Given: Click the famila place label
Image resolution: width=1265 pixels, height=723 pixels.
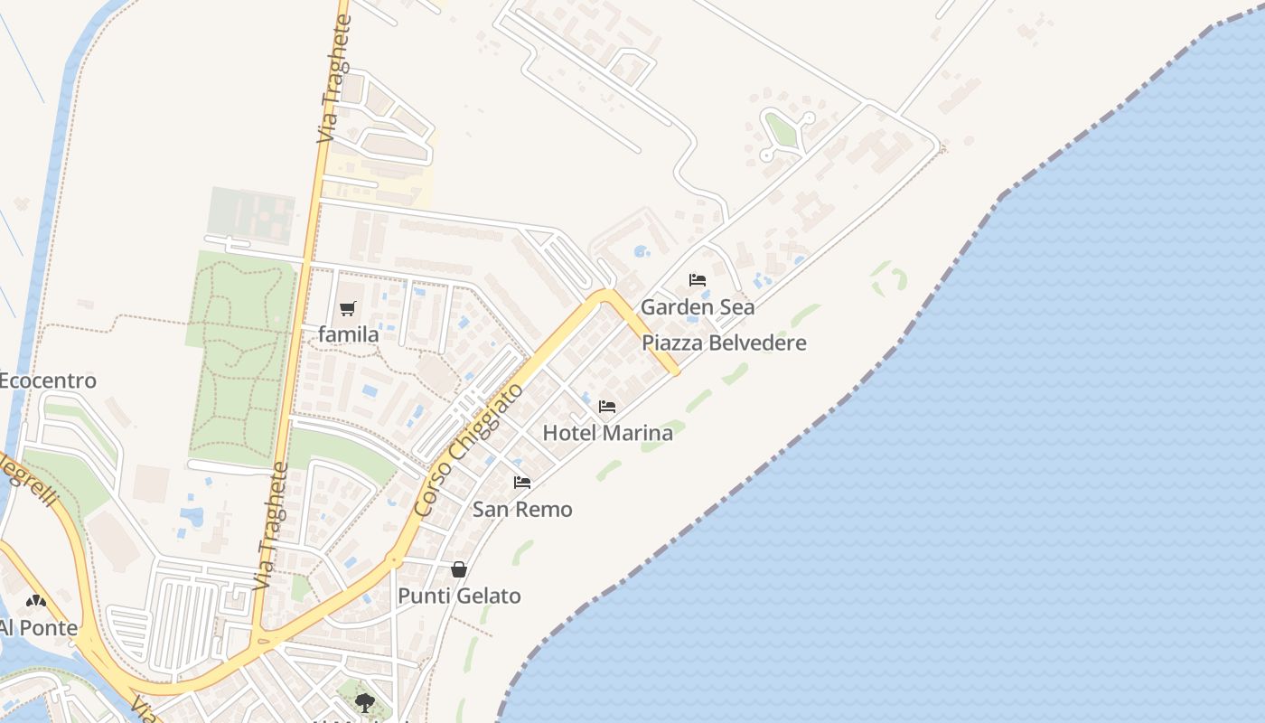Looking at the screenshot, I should pyautogui.click(x=349, y=334).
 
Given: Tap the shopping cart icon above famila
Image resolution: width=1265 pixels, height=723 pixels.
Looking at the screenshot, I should pyautogui.click(x=348, y=309).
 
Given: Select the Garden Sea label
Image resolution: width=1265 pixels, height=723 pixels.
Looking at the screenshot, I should pyautogui.click(x=698, y=307).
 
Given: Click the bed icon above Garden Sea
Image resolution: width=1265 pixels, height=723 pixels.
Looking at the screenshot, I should pyautogui.click(x=698, y=280).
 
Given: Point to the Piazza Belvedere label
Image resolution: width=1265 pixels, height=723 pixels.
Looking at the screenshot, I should pyautogui.click(x=724, y=343).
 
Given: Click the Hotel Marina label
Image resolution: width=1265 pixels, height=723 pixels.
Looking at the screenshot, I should pyautogui.click(x=607, y=433).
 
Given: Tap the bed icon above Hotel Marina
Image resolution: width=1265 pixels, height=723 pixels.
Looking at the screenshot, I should pyautogui.click(x=607, y=407).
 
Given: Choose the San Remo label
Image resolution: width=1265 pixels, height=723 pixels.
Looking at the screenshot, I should pyautogui.click(x=522, y=510).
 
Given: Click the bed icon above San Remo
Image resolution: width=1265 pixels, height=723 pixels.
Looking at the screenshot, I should pyautogui.click(x=522, y=483).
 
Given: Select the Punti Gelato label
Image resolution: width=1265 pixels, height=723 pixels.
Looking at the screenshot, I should pyautogui.click(x=459, y=596).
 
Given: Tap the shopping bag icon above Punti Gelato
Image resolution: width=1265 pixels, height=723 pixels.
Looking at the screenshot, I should pyautogui.click(x=459, y=569).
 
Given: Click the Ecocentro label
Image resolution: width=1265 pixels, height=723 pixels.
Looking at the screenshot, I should pyautogui.click(x=47, y=380).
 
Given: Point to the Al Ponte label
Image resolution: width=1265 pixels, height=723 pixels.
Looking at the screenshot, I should pyautogui.click(x=38, y=627).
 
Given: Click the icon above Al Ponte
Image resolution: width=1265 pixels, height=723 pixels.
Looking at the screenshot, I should pyautogui.click(x=36, y=600).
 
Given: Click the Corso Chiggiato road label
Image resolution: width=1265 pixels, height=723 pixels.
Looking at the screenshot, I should pyautogui.click(x=469, y=450).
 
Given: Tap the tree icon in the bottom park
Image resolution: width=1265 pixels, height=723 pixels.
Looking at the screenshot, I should pyautogui.click(x=364, y=701).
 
